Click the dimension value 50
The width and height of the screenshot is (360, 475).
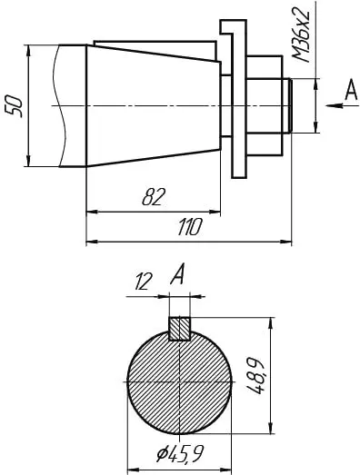click(15, 106)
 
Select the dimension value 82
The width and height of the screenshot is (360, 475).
click(154, 196)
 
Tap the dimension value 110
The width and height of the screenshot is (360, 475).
click(190, 227)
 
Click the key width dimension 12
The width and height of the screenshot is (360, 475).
click(143, 282)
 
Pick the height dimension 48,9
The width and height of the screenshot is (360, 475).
click(255, 376)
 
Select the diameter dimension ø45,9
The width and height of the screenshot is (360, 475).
click(180, 453)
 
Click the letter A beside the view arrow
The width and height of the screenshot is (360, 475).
click(351, 90)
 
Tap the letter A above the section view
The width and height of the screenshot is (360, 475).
click(177, 274)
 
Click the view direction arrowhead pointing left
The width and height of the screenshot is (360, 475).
click(335, 105)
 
